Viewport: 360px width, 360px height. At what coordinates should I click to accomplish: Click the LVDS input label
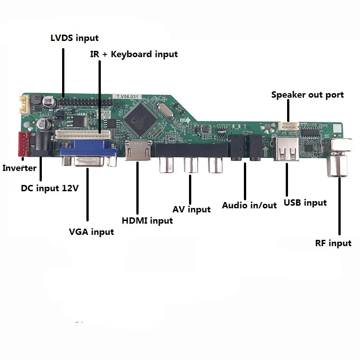pyautogui.click(x=74, y=38)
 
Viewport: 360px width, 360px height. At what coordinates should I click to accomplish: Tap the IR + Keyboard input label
pyautogui.click(x=133, y=54)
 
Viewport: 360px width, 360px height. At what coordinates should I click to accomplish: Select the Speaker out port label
pyautogui.click(x=307, y=95)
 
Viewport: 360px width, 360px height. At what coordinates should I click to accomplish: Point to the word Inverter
pyautogui.click(x=19, y=169)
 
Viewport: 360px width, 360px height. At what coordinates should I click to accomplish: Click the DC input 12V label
pyautogui.click(x=50, y=188)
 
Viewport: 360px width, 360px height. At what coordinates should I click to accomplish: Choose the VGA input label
pyautogui.click(x=91, y=232)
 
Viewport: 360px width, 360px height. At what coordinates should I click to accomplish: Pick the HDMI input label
pyautogui.click(x=147, y=220)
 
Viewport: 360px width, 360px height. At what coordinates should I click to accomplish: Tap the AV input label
pyautogui.click(x=192, y=209)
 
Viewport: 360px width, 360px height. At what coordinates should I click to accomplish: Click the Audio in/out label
pyautogui.click(x=249, y=205)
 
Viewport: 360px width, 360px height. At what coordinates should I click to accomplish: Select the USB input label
pyautogui.click(x=305, y=203)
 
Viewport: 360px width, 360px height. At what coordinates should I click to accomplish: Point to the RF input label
pyautogui.click(x=333, y=243)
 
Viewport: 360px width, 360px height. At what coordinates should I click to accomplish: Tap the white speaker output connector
pyautogui.click(x=288, y=126)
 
